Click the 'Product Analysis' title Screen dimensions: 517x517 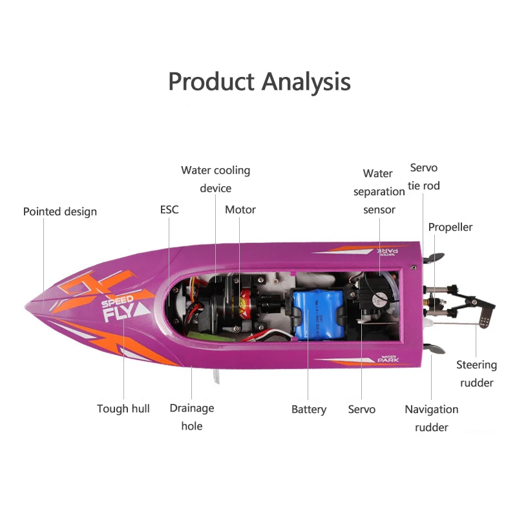259,82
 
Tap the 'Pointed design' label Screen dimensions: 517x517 60,211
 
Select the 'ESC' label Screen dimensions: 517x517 169,209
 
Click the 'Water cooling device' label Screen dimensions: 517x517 215,179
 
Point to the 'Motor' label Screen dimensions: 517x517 240,209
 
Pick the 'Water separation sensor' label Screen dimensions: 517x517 379,191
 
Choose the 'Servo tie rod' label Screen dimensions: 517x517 424,176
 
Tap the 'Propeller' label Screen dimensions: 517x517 450,227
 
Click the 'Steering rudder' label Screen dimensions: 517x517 477,374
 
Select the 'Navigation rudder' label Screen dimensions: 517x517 432,417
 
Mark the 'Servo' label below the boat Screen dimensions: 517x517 362,409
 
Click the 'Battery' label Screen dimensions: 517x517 309,409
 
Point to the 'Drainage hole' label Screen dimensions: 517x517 192,417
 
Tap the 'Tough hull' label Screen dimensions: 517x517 123,408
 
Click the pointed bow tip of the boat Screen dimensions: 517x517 28,302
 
